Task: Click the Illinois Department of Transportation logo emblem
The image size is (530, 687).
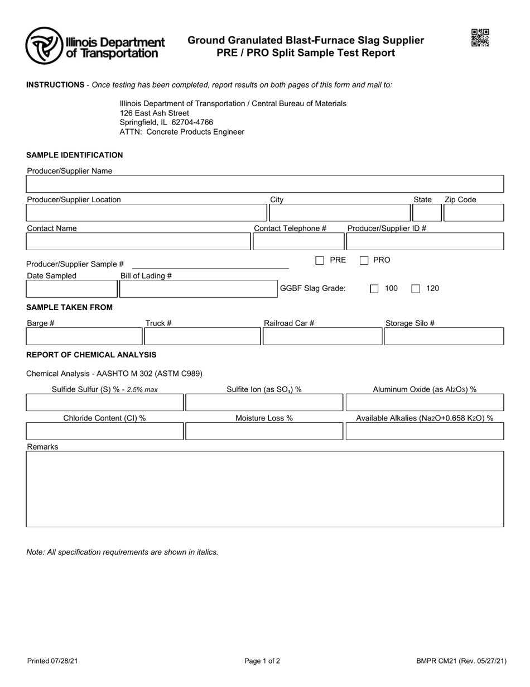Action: [x=45, y=46]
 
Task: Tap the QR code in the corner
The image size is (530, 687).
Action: [x=480, y=38]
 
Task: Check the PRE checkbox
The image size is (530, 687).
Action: [x=320, y=260]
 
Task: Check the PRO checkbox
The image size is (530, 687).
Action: [x=364, y=260]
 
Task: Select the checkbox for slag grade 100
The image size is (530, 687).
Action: [x=374, y=289]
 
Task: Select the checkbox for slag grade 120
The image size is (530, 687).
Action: [x=416, y=289]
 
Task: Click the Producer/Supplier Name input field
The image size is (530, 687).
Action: [x=265, y=184]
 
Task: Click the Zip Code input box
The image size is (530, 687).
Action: [x=474, y=213]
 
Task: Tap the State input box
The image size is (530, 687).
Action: [x=426, y=213]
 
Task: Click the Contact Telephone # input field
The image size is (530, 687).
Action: [x=298, y=241]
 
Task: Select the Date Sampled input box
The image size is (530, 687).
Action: [x=71, y=289]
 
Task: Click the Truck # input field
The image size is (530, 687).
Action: [x=202, y=336]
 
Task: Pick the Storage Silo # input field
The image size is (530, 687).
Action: [x=444, y=336]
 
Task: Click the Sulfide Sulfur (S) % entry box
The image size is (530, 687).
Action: [x=104, y=403]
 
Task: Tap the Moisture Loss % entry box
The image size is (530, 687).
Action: [x=264, y=431]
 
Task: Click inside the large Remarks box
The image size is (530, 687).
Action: [x=265, y=489]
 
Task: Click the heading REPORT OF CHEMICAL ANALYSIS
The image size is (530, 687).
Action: [x=91, y=355]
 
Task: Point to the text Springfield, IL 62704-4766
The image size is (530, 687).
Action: [x=166, y=122]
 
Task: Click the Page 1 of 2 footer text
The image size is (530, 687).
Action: [x=262, y=661]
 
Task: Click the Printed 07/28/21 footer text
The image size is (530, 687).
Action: [x=52, y=661]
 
